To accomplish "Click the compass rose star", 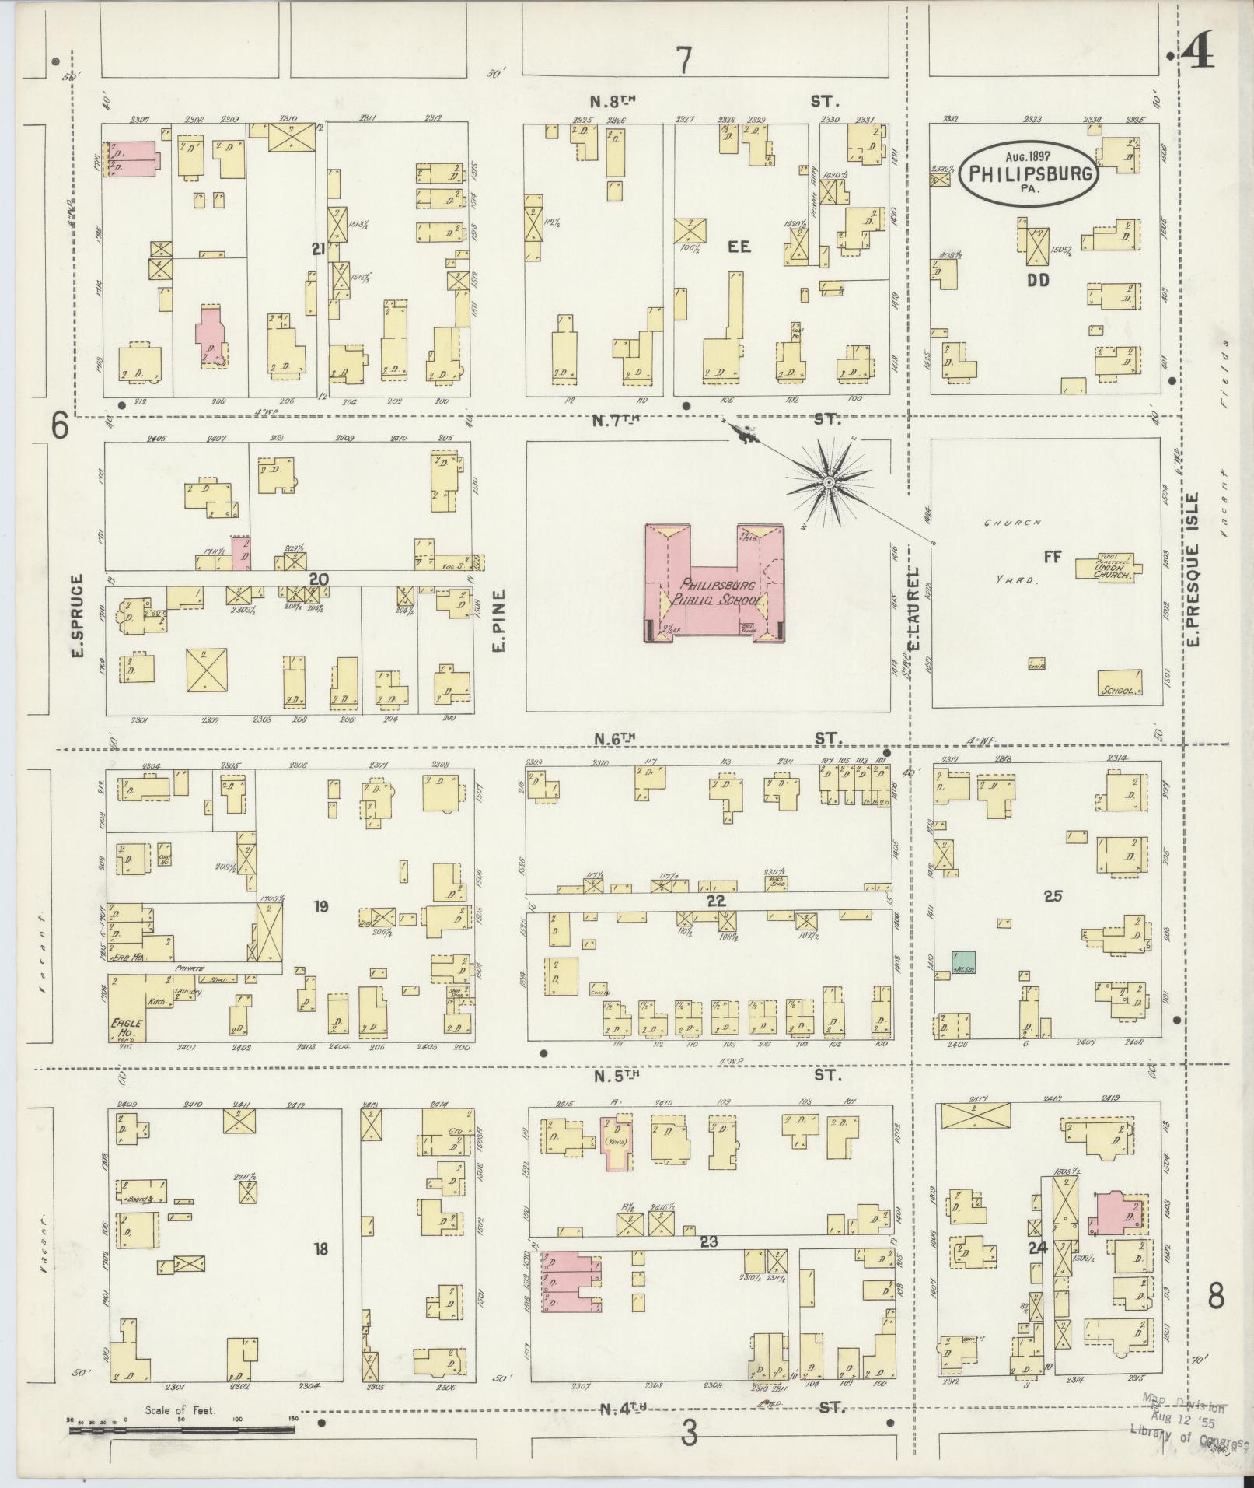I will (829, 484).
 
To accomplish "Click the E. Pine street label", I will (498, 619).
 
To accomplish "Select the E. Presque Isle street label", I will (1195, 569).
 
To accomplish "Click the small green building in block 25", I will (965, 961).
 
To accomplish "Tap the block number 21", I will (317, 249).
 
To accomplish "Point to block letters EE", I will (738, 247).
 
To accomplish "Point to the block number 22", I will (716, 901).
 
